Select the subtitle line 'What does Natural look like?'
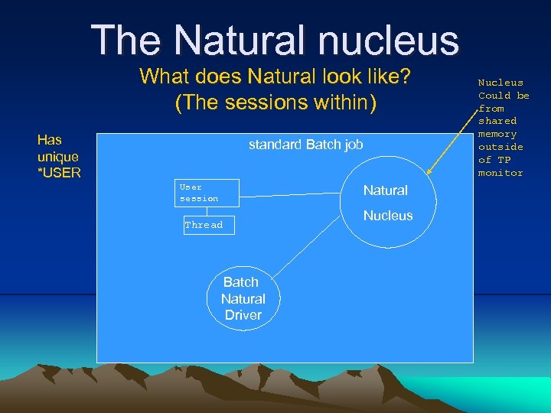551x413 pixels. coord(276,77)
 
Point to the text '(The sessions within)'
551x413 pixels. coord(276,102)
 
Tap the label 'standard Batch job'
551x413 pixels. coord(306,145)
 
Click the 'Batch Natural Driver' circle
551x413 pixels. coord(243,298)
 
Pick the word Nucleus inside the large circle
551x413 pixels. coord(387,216)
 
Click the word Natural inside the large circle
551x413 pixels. coord(385,190)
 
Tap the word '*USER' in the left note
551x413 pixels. coord(59,173)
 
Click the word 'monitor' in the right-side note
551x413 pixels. coord(500,173)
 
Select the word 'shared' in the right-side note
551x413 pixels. coord(497,121)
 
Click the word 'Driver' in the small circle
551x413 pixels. coord(243,315)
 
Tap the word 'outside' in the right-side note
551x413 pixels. coord(500,147)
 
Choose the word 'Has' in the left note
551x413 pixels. coord(49,139)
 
